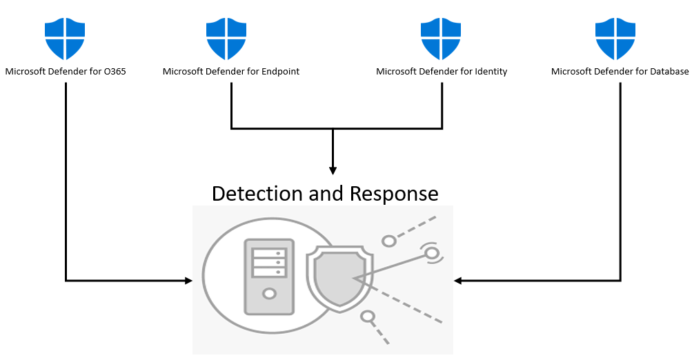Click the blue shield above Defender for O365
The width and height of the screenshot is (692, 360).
tap(66, 39)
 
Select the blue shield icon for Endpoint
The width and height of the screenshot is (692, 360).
tap(226, 39)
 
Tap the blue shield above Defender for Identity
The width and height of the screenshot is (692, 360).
tap(442, 39)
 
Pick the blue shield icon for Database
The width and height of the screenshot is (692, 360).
tap(616, 39)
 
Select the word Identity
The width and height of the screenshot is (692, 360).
tap(491, 72)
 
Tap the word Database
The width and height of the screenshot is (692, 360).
tap(667, 72)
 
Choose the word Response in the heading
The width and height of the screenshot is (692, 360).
tap(394, 194)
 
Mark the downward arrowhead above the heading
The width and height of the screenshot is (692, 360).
tap(333, 170)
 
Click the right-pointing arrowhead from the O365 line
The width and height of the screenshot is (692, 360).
tap(188, 281)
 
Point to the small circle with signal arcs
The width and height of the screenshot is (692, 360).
tap(432, 254)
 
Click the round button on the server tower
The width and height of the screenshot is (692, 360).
tap(268, 294)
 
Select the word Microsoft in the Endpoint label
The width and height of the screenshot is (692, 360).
tap(185, 72)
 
